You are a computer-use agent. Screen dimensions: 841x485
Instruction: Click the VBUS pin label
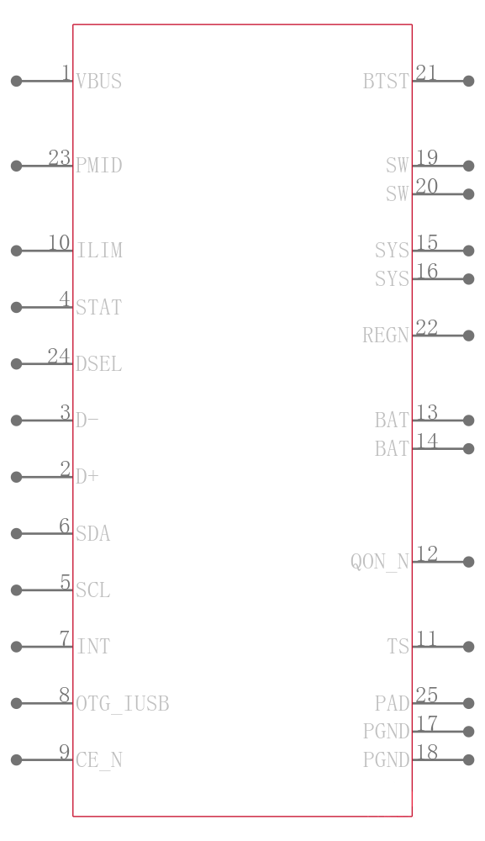click(x=98, y=82)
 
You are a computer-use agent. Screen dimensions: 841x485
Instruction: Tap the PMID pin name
click(x=98, y=166)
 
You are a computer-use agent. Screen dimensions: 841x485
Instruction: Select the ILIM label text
click(x=99, y=251)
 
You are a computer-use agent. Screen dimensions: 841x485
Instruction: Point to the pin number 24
click(x=58, y=357)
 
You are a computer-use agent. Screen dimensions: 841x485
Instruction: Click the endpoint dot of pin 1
click(x=16, y=82)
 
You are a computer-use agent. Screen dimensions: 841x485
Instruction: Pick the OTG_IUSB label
click(x=122, y=703)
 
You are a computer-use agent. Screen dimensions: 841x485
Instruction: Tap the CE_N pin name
click(x=98, y=760)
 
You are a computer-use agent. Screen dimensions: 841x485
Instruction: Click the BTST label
click(x=386, y=82)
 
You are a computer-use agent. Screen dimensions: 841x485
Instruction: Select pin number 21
click(x=426, y=73)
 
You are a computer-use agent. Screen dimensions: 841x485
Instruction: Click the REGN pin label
click(x=386, y=336)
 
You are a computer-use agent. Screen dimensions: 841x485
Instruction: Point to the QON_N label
click(x=380, y=562)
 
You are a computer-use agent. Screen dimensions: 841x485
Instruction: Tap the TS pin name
click(x=398, y=647)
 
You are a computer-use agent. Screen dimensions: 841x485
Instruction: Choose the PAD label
click(x=392, y=703)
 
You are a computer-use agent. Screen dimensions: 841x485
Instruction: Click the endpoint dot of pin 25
click(x=469, y=703)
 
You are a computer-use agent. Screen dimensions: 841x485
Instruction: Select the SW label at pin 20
click(x=398, y=194)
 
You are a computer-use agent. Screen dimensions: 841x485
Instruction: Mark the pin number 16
click(x=426, y=271)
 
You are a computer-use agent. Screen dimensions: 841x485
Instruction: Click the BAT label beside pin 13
click(x=392, y=420)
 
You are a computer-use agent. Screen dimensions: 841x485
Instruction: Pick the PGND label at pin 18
click(x=386, y=760)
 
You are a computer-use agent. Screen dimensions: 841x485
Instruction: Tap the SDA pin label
click(x=92, y=534)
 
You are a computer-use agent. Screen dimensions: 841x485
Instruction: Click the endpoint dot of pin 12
click(x=469, y=562)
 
